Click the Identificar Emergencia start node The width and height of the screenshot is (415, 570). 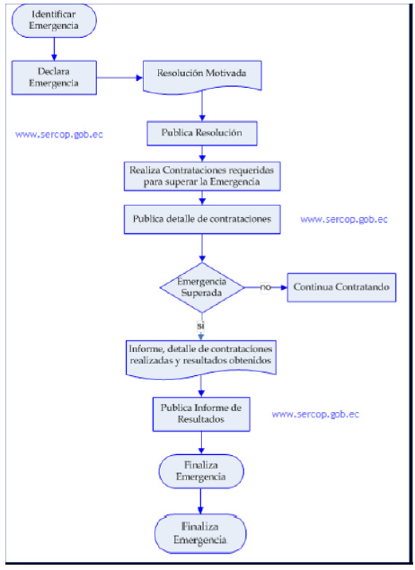[x=54, y=21]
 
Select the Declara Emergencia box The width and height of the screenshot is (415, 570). [x=54, y=78]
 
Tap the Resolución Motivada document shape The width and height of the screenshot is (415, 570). [x=202, y=76]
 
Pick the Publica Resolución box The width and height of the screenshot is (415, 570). [x=202, y=134]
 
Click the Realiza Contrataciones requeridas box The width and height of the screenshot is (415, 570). [x=202, y=176]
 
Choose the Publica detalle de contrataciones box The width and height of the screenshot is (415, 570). [x=202, y=219]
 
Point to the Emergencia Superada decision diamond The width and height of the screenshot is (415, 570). [x=202, y=287]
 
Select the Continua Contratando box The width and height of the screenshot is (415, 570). [x=341, y=287]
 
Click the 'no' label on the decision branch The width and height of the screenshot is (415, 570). [x=266, y=287]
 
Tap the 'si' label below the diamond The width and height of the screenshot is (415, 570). [x=200, y=326]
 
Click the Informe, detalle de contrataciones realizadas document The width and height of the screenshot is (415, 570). [x=201, y=359]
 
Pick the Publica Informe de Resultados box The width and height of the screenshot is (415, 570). [x=201, y=414]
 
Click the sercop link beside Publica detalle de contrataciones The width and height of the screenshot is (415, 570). [x=344, y=220]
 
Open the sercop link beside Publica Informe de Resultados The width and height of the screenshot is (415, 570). [x=315, y=415]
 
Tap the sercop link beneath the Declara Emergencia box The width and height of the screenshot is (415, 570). [x=59, y=135]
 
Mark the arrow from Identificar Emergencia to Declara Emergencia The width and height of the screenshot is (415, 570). [x=54, y=49]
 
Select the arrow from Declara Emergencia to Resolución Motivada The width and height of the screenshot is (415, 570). [x=119, y=78]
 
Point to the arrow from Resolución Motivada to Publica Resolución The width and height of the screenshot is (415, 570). [x=202, y=106]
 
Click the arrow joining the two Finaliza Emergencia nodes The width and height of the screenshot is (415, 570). [x=200, y=501]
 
